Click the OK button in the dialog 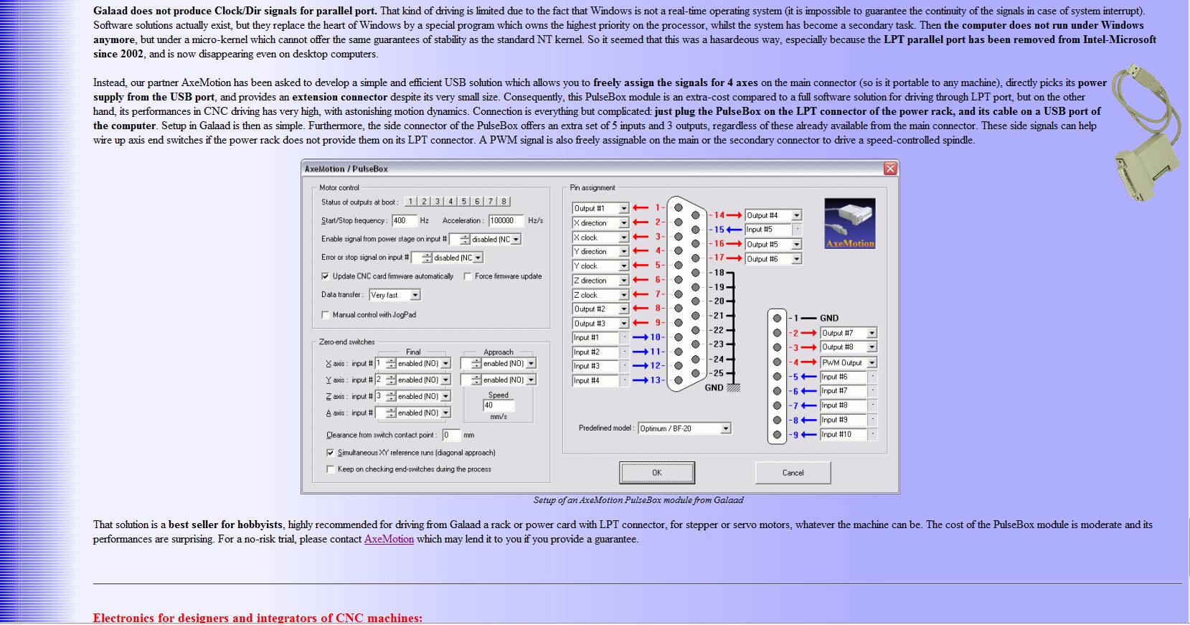pyautogui.click(x=656, y=472)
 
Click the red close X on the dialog pyautogui.click(x=890, y=169)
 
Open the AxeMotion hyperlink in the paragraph pyautogui.click(x=389, y=539)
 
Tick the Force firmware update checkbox pyautogui.click(x=468, y=276)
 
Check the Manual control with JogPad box pyautogui.click(x=326, y=315)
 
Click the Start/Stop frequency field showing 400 pyautogui.click(x=404, y=220)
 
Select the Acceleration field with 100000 pyautogui.click(x=506, y=220)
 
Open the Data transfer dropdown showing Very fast pyautogui.click(x=395, y=295)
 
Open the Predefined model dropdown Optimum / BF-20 pyautogui.click(x=684, y=428)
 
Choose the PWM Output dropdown pyautogui.click(x=848, y=362)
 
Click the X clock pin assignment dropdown pyautogui.click(x=600, y=238)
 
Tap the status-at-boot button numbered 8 pyautogui.click(x=504, y=202)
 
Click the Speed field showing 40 pyautogui.click(x=499, y=405)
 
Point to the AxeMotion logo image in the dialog pyautogui.click(x=850, y=224)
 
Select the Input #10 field pyautogui.click(x=844, y=434)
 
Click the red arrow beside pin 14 pyautogui.click(x=735, y=215)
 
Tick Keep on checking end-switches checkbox pyautogui.click(x=331, y=469)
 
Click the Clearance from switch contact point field pyautogui.click(x=450, y=435)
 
